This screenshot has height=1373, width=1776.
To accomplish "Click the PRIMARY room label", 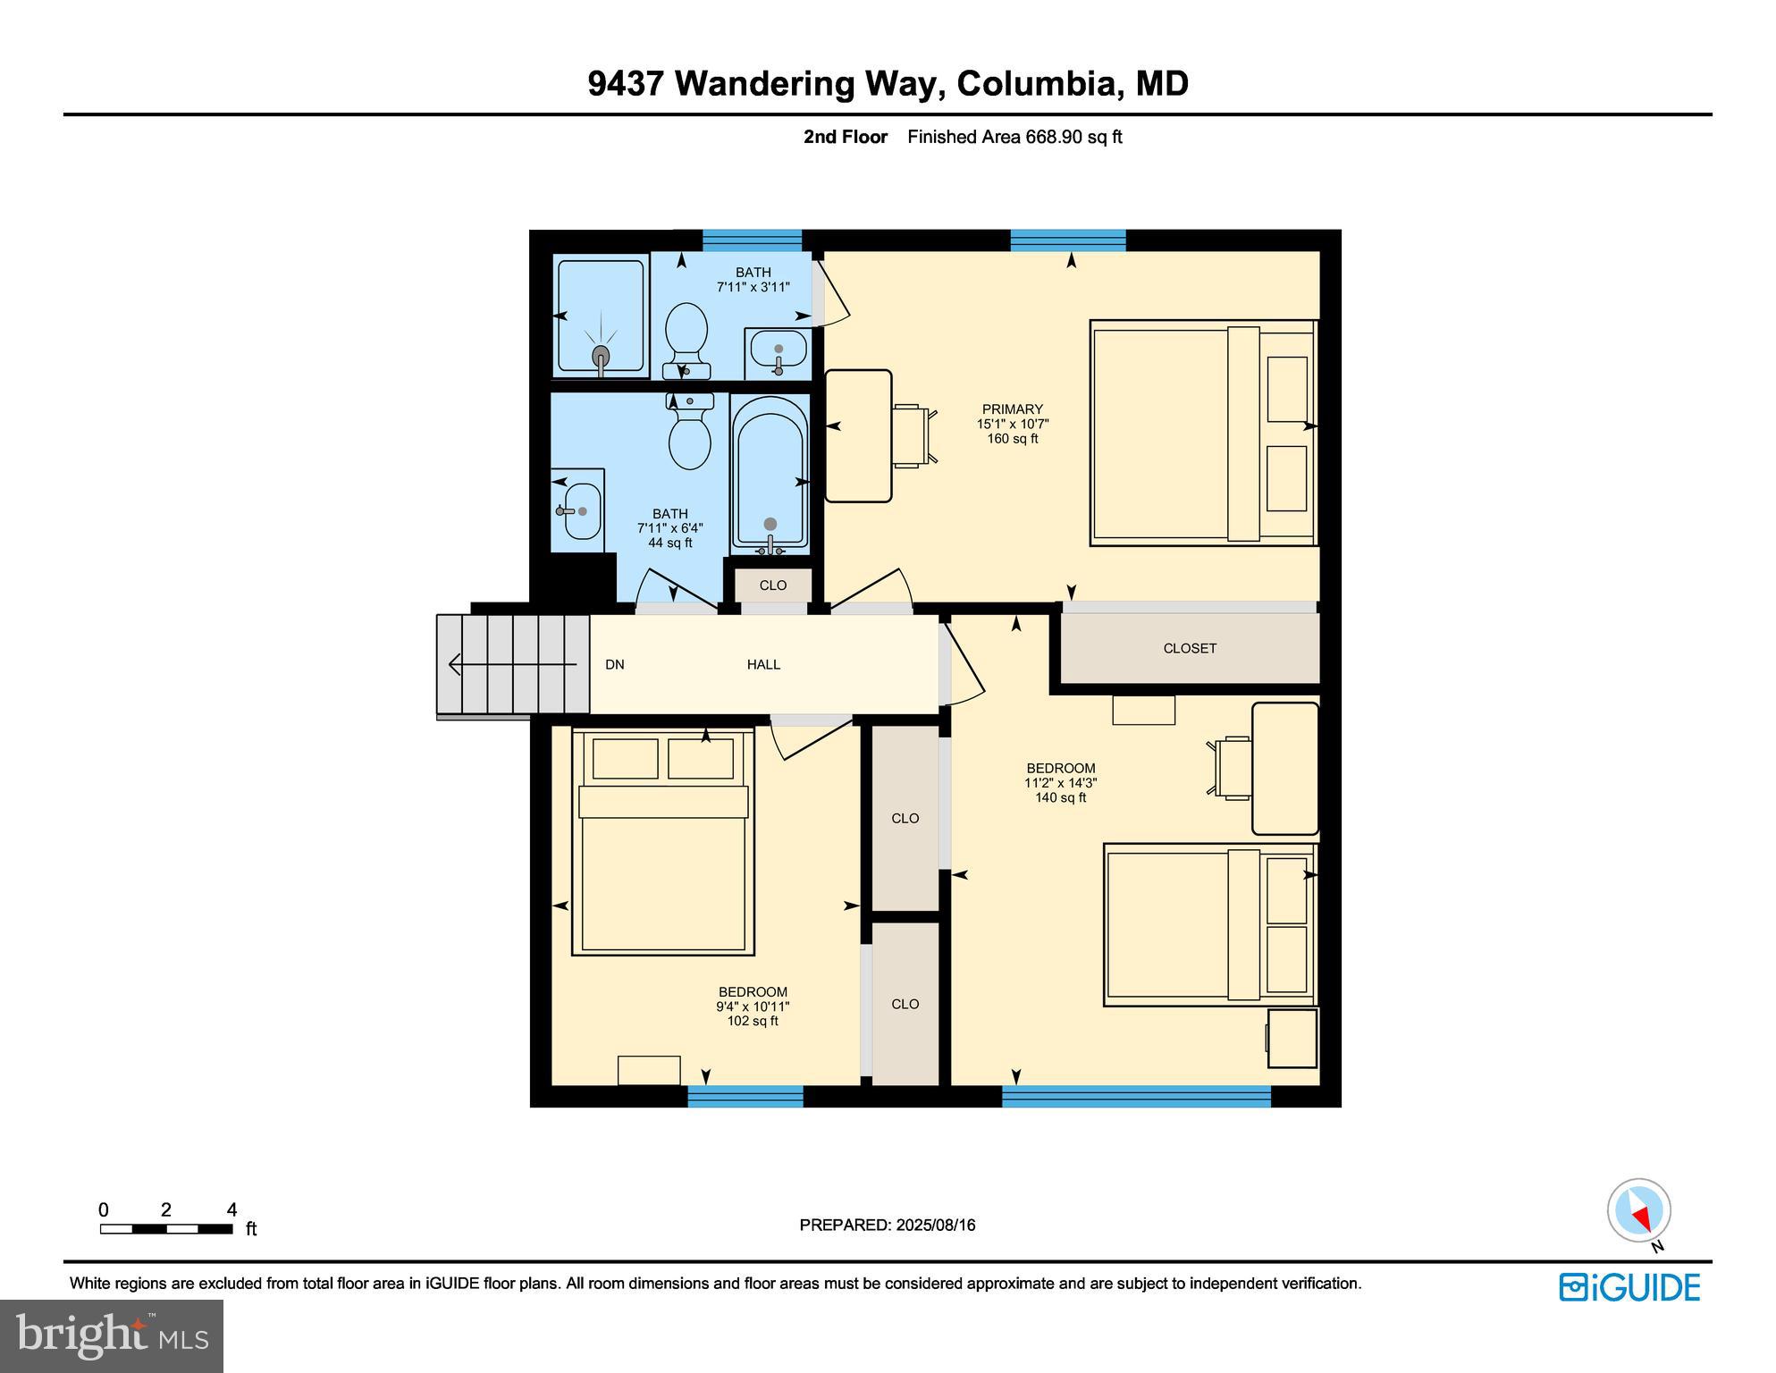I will coord(1012,409).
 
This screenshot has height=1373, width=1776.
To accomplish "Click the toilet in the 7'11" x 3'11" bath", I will coord(686,340).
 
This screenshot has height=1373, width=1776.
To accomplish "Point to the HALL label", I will coord(763,664).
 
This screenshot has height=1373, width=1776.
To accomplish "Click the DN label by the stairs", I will coord(614,664).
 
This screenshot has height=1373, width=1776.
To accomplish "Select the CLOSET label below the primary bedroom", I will coord(1189,648).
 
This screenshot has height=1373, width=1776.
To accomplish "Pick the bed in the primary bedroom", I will coord(1202,433).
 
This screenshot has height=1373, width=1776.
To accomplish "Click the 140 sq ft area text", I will coord(1060,797).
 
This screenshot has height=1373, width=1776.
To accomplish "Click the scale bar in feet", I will coord(166,1229).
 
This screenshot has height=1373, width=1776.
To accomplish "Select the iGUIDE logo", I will coord(1629,1287).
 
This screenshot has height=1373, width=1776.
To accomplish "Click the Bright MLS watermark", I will coord(111,1335).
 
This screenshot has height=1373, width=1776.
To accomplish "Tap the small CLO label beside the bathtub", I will coord(772,585).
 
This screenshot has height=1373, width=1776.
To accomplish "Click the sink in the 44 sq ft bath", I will coord(582,510).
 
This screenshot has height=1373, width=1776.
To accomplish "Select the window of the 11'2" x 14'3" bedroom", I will coord(1135,1097).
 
